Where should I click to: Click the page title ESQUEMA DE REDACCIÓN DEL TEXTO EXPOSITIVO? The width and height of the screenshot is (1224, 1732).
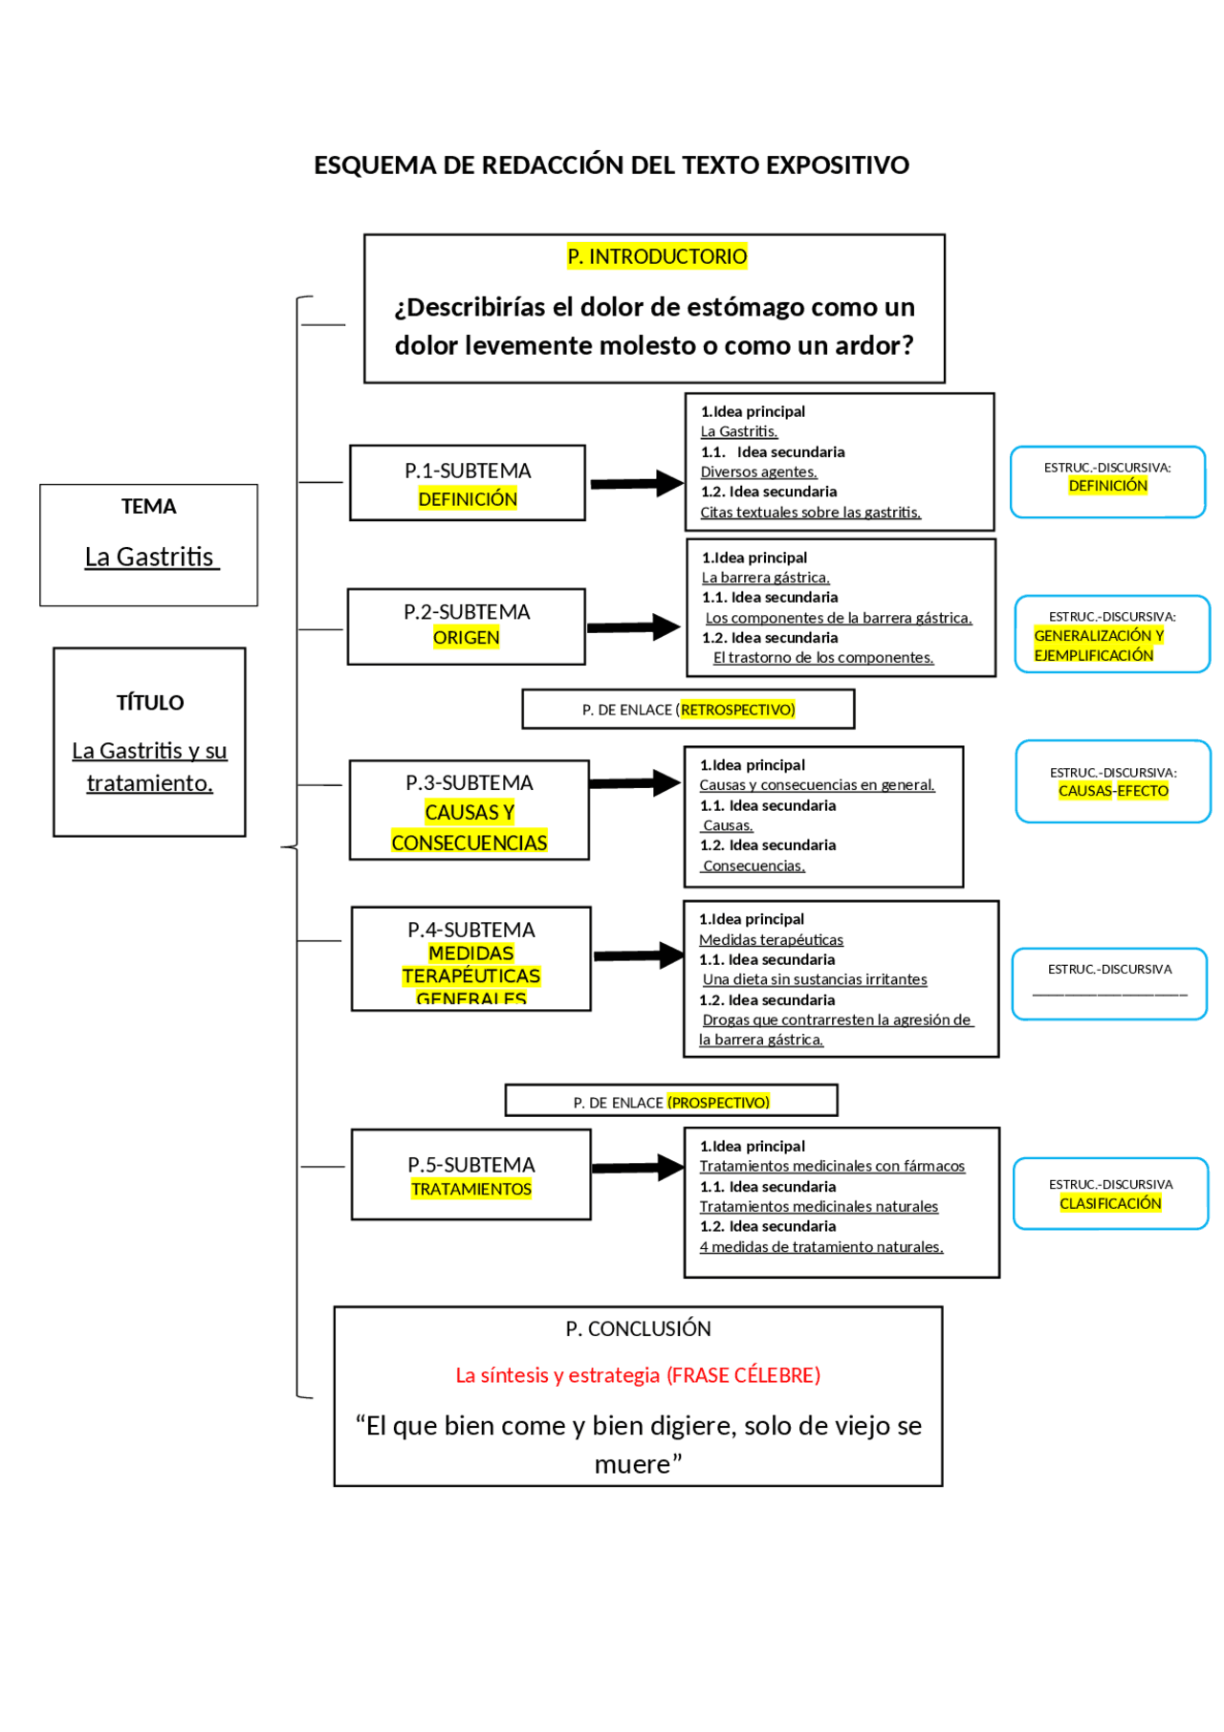coord(611,165)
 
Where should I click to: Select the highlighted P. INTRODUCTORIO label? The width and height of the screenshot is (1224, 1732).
coord(657,256)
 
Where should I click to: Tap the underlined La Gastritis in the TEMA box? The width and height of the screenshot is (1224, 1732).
coord(150,557)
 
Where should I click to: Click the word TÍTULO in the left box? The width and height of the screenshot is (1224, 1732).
coord(150,703)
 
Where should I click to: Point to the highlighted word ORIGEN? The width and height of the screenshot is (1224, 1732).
coord(466,638)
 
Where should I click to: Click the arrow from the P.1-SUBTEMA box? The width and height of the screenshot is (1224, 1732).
coord(635,484)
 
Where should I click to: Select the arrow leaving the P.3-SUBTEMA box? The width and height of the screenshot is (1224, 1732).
coord(634,783)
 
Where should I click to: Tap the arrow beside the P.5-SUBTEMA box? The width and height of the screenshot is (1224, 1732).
coord(637,1168)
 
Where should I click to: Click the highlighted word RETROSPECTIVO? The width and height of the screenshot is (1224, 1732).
coord(737,710)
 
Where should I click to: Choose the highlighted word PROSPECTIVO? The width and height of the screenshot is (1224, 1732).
coord(718,1103)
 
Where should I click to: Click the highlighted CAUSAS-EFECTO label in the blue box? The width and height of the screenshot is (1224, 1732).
coord(1113,791)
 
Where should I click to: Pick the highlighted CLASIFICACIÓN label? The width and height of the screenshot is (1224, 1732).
coord(1110,1203)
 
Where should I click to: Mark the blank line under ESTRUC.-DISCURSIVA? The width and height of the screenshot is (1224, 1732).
coord(1109,995)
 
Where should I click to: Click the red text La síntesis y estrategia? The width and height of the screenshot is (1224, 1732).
coord(557,1375)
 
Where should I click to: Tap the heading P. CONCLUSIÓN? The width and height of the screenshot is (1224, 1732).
coord(638,1328)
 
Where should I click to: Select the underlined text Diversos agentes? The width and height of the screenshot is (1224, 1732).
coord(758,471)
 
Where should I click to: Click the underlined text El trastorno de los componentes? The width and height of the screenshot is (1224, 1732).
coord(822,658)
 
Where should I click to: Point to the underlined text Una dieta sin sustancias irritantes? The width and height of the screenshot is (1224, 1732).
coord(815,979)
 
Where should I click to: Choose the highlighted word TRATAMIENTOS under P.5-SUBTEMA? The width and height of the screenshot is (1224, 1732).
coord(471,1189)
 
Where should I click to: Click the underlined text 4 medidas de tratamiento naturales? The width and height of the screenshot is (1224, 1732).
coord(820,1247)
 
